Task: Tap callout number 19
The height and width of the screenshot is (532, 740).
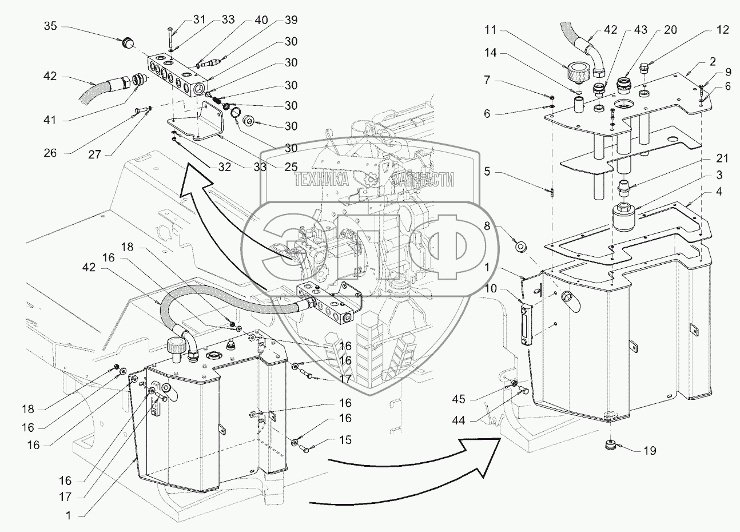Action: click(649, 451)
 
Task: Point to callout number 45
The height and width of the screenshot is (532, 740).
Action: click(459, 399)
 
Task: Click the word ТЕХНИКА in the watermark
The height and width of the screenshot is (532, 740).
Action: click(321, 180)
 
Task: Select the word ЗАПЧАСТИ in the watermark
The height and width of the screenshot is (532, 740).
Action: click(423, 180)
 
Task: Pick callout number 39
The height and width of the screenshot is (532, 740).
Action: click(291, 21)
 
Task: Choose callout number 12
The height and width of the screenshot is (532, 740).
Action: click(723, 30)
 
